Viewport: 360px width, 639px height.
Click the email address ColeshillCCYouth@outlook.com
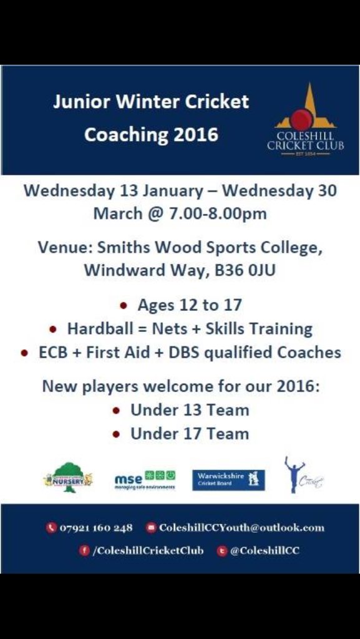[241, 527]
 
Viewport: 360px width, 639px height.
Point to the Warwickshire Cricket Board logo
[228, 480]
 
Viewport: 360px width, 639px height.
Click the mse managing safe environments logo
[144, 480]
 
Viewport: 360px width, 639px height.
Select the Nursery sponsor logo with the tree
[68, 479]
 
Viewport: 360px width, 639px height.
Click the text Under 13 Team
[189, 410]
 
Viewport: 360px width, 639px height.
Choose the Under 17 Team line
[189, 434]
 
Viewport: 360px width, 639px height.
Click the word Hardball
[96, 328]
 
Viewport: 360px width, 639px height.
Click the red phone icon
[51, 528]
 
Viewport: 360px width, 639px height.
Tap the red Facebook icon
[84, 550]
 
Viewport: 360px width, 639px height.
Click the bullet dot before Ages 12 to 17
[124, 306]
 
